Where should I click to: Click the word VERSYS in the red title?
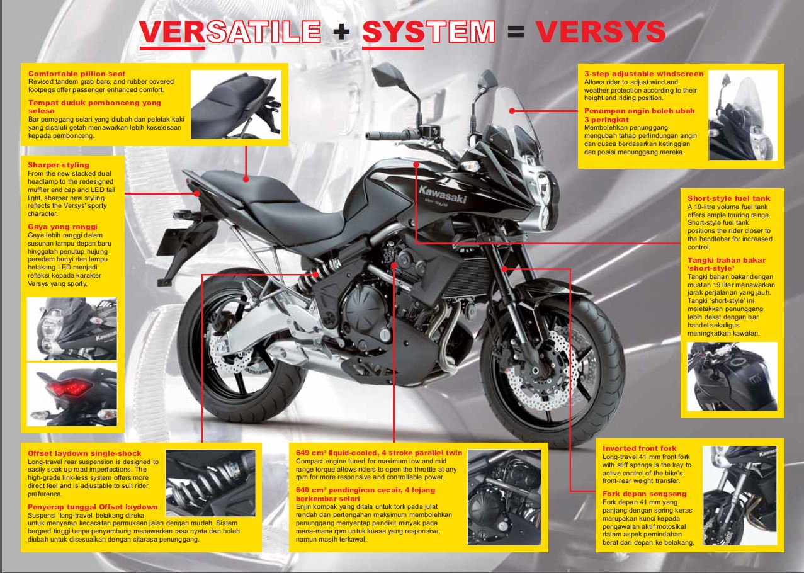click(601, 31)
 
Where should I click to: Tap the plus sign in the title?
click(341, 32)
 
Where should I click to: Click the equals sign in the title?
click(516, 31)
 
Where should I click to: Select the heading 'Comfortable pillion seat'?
click(77, 74)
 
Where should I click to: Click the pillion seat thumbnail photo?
click(236, 104)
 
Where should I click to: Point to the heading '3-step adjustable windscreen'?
click(644, 74)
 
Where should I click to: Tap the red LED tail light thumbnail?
click(72, 394)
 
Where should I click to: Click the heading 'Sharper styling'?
click(59, 165)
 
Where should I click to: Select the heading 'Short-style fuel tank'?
click(728, 198)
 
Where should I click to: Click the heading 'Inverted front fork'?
click(639, 448)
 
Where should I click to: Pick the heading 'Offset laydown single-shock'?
click(84, 453)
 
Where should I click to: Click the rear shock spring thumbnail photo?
click(211, 483)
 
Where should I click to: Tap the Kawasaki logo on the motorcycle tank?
click(443, 195)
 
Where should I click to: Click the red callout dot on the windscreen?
click(512, 111)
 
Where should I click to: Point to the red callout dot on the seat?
click(246, 178)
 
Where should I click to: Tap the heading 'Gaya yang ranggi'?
click(62, 227)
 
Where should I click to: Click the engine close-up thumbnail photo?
click(504, 497)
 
